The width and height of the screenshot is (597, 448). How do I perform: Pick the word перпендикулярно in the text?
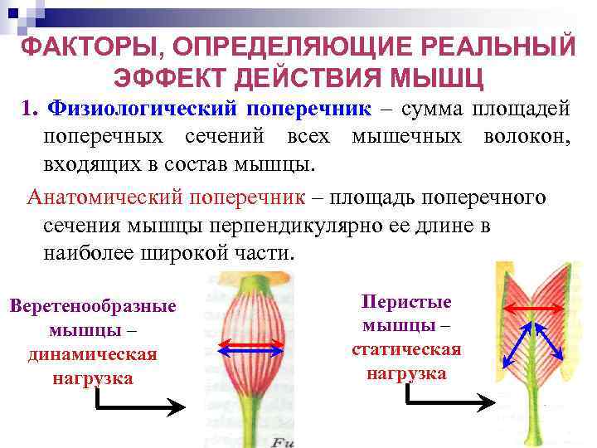[321, 226]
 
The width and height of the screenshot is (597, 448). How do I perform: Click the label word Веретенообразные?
[93, 306]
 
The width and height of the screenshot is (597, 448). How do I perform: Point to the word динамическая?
[92, 354]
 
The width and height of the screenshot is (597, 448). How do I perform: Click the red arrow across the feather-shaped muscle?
[535, 308]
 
